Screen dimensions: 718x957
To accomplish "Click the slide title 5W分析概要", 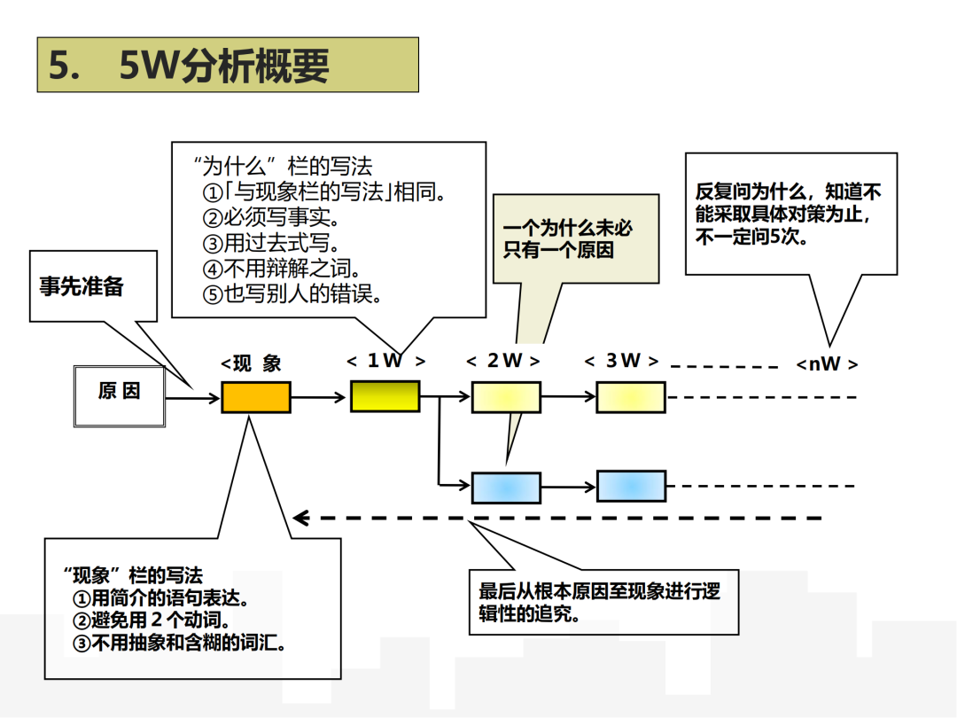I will coord(227,66).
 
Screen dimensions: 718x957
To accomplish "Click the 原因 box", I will coord(119,392).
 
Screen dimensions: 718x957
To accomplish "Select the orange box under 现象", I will coord(255,397).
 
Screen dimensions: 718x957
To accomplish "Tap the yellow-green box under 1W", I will coord(385,396).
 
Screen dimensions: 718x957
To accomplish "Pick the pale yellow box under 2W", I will coord(505,397).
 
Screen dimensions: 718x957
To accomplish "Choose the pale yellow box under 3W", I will coord(630,397).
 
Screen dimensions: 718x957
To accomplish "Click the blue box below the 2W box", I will coord(505,488).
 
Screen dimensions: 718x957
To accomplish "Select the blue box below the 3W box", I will coord(630,487).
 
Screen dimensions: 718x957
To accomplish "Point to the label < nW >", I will coord(827,364).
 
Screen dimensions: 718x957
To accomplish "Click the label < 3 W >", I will coord(622,361).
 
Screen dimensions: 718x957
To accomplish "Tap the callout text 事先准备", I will coord(82,286).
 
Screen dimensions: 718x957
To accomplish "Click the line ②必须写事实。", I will coord(270,217).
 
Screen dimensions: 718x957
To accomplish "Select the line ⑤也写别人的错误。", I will coord(292,294).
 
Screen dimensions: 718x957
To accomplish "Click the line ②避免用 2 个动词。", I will coord(152,620).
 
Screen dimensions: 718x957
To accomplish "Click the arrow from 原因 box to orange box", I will coord(192,398).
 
